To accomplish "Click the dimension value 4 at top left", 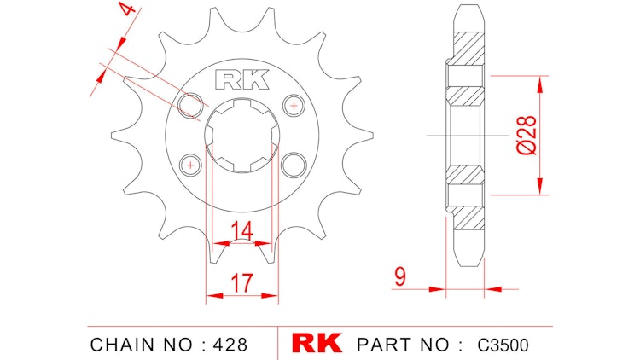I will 126,13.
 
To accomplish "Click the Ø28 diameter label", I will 527,134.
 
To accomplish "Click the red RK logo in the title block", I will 317,344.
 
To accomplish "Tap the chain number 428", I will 231,345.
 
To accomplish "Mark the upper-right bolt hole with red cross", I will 294,105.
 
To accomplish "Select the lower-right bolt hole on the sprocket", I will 295,162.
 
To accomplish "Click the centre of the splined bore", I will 243,134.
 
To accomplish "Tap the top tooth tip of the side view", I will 465,9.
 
